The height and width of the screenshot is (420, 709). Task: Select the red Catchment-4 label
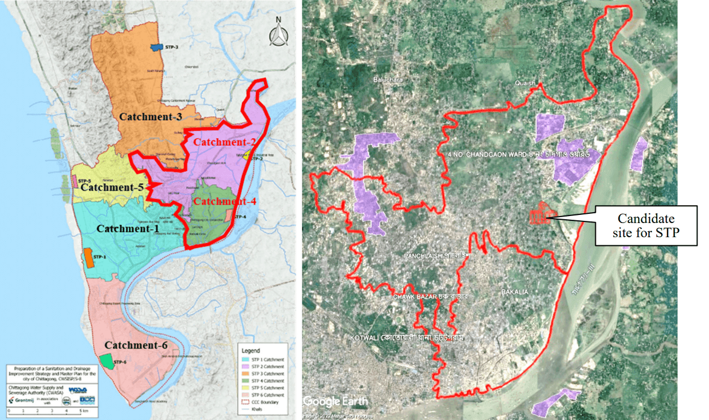pyautogui.click(x=224, y=201)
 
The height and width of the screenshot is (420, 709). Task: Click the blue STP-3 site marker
pyautogui.click(x=158, y=47)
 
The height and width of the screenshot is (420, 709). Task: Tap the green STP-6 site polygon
pyautogui.click(x=107, y=361)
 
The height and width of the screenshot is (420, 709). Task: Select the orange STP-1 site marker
pyautogui.click(x=88, y=258)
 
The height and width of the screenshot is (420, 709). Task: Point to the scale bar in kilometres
pyautogui.click(x=46, y=410)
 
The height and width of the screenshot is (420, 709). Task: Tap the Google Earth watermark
pyautogui.click(x=335, y=402)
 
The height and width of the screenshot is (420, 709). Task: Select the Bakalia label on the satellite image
pyautogui.click(x=514, y=292)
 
